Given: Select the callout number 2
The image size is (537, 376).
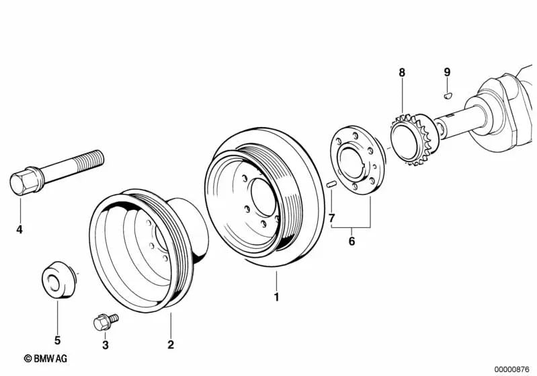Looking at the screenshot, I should pos(171,345).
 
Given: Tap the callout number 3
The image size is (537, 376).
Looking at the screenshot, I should pos(104,345).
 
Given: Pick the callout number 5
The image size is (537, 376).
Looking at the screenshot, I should pos(57,340).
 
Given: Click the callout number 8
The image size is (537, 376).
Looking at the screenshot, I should pos(402,72).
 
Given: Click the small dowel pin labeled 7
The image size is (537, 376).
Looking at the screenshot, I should pos(330,184).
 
